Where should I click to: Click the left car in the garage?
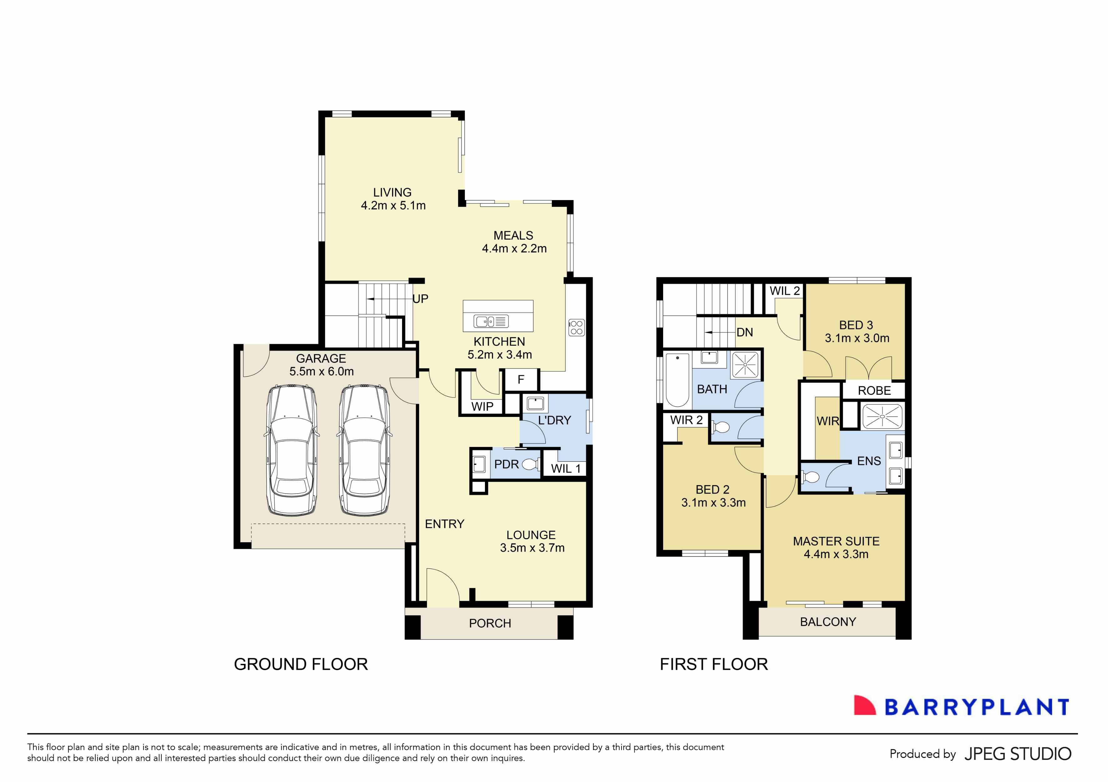pyautogui.click(x=291, y=450)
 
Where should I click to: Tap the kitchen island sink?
pyautogui.click(x=490, y=321)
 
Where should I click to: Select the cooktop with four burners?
pyautogui.click(x=576, y=328)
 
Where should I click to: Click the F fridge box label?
pyautogui.click(x=521, y=380)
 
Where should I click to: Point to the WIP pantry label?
pyautogui.click(x=482, y=407)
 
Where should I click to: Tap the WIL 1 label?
pyautogui.click(x=565, y=469)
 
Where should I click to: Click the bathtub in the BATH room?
pyautogui.click(x=677, y=380)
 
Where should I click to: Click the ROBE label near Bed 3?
pyautogui.click(x=874, y=390)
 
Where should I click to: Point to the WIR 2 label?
pyautogui.click(x=686, y=420)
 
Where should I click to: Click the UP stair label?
pyautogui.click(x=420, y=299)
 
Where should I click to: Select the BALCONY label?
pyautogui.click(x=828, y=622)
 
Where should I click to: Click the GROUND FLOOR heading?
pyautogui.click(x=301, y=664)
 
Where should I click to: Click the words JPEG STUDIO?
pyautogui.click(x=1018, y=754)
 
